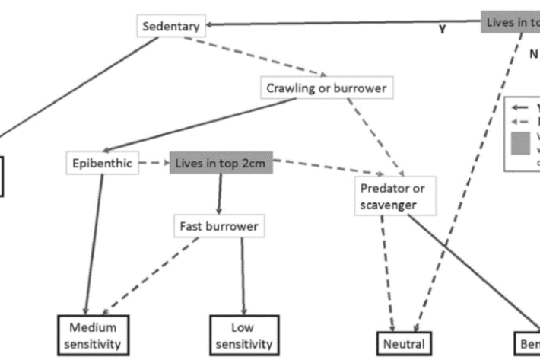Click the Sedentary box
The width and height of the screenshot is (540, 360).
point(171,27)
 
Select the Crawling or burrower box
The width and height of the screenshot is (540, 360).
point(326,88)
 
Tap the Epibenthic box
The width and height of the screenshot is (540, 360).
point(102,164)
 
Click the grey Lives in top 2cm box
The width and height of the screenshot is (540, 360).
point(221,164)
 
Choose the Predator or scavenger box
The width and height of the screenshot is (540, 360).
point(394,196)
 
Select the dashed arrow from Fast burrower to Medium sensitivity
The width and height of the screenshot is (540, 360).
point(152,274)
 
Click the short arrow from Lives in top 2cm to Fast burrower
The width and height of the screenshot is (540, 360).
point(221,194)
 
